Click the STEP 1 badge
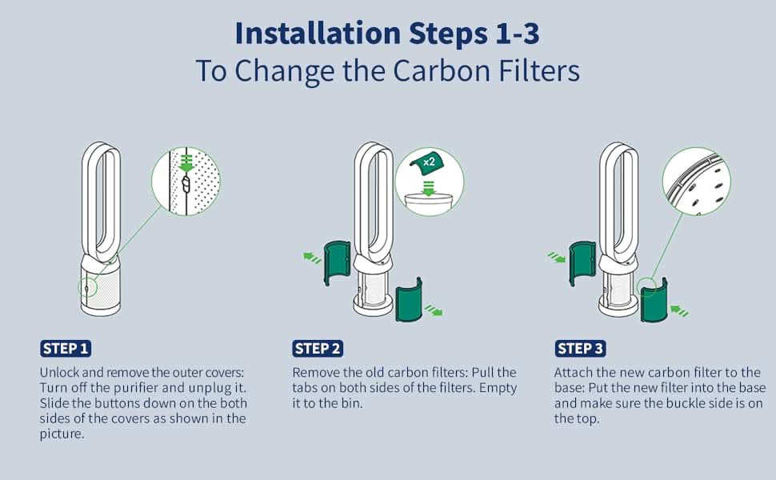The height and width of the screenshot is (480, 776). pos(66,348)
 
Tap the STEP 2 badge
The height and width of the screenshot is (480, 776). pos(318,348)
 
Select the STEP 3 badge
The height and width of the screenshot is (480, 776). pos(580,348)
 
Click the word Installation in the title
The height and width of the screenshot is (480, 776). pos(318,33)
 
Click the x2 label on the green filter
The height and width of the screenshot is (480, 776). pos(429,162)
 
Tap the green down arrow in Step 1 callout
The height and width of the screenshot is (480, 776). pos(186,163)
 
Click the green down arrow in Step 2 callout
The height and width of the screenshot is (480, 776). pos(429,189)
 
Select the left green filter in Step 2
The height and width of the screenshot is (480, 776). pos(337,262)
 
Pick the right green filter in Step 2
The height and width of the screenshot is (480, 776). pos(409,300)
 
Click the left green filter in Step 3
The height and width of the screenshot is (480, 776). pos(582,262)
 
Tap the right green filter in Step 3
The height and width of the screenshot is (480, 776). pos(654,300)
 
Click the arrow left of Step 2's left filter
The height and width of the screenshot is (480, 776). pos(312,258)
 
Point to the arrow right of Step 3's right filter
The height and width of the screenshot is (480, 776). pos(679,310)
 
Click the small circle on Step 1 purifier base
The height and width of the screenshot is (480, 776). pos(87,287)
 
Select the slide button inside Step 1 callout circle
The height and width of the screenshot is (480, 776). pos(186,185)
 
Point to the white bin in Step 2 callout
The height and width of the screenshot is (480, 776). pos(429,204)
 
